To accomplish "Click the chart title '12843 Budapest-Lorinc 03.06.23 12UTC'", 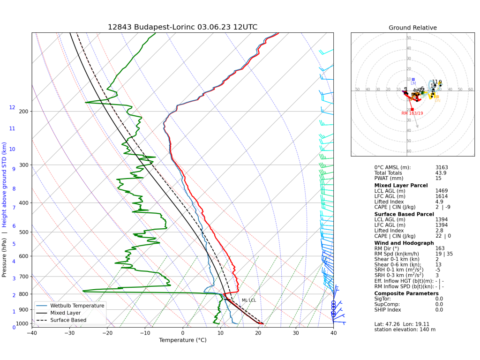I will tap(182, 27).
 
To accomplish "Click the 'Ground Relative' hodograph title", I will tap(412, 28).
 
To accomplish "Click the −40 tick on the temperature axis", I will tap(32, 333).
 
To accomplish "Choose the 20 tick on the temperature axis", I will tap(258, 333).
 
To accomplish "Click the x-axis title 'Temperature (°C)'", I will tap(182, 340).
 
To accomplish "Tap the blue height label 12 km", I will tap(12, 108).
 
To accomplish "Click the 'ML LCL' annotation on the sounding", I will tap(249, 300).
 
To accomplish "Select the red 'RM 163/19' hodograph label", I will tap(412, 113).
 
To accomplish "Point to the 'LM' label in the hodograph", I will tap(413, 83).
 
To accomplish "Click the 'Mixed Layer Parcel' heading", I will tap(401, 185).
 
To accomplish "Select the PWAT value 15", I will tap(439, 179).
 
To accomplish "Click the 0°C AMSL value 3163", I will tap(442, 167).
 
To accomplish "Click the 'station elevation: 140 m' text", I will tap(405, 330).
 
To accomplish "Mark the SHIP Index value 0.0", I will tap(439, 309).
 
